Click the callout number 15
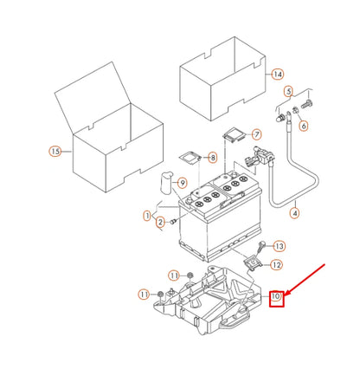[x=55, y=152]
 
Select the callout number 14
[x=278, y=74]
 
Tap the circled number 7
[x=255, y=134]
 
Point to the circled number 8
[x=213, y=158]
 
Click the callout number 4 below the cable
[x=293, y=212]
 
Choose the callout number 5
[x=290, y=90]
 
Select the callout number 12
[x=277, y=265]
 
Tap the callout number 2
[x=160, y=223]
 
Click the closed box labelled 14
[x=221, y=78]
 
